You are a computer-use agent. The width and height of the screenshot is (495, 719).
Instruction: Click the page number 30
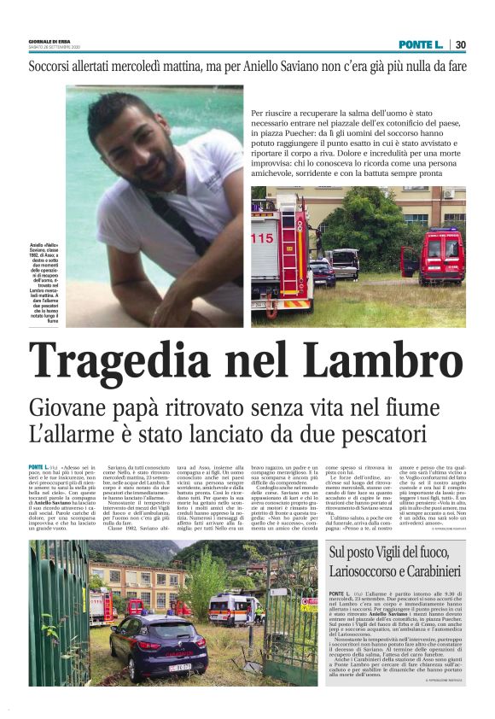460,44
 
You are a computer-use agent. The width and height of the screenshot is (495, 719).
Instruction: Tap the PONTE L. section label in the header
420,44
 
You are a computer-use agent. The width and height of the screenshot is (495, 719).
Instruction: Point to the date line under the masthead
54,47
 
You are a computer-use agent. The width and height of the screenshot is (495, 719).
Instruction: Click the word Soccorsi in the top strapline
59,67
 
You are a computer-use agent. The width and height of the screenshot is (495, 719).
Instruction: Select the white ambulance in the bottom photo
232,608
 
